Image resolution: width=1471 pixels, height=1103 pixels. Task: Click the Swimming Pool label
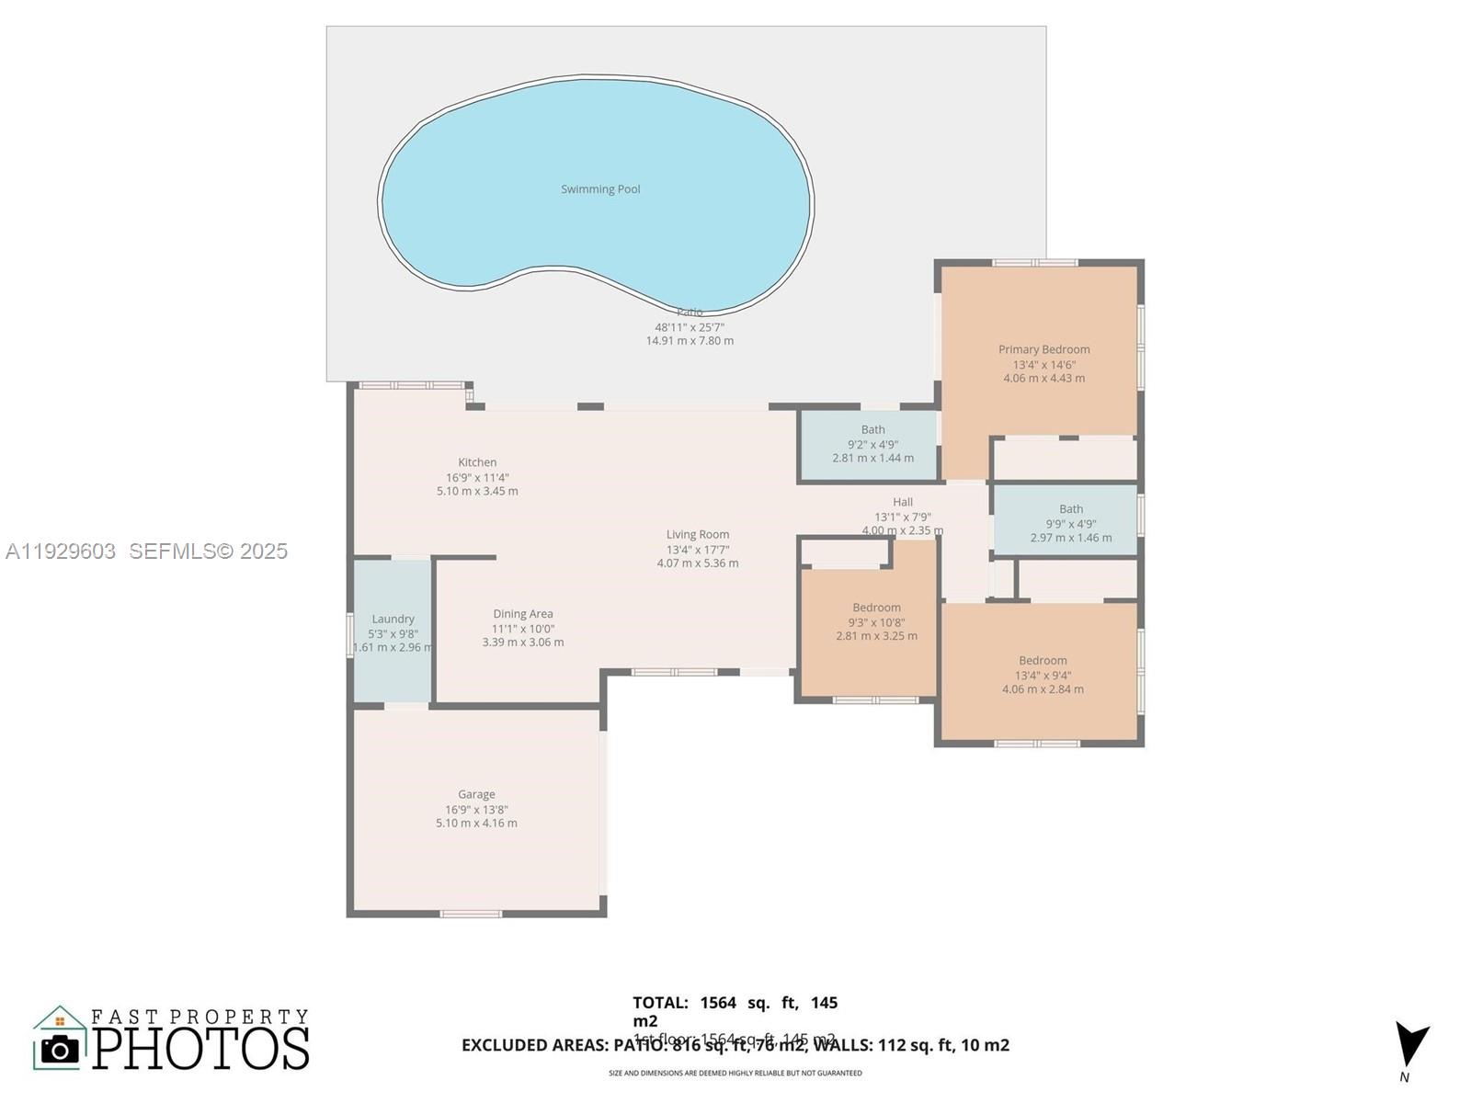point(600,189)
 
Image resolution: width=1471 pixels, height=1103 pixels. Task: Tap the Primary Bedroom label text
point(1043,349)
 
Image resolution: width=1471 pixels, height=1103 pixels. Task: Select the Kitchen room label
point(477,462)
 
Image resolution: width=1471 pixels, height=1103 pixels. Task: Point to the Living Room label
point(698,534)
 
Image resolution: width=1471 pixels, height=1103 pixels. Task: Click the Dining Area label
point(522,614)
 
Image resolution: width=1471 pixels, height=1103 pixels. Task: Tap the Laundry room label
point(393,619)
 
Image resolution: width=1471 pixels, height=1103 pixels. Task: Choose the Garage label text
point(476,794)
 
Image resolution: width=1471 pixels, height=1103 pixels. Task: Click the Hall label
point(903,502)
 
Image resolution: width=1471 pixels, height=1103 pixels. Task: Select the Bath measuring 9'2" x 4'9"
point(872,429)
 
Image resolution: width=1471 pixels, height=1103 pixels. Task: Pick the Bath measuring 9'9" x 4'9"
point(1070,508)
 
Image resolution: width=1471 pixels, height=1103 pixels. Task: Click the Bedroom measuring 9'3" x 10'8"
point(876,608)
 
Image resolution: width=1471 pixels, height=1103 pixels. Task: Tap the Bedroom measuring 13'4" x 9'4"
point(1043,660)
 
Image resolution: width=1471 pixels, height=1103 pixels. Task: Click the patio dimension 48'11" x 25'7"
point(690,327)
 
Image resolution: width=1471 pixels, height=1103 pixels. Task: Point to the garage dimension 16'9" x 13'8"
point(476,810)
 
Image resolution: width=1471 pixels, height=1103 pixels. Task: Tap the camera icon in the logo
point(60,1049)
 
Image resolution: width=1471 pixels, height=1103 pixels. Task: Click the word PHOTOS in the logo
point(200,1049)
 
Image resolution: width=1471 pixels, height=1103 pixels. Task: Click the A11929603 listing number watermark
point(61,551)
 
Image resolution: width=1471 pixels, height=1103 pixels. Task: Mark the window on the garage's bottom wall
point(471,914)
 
